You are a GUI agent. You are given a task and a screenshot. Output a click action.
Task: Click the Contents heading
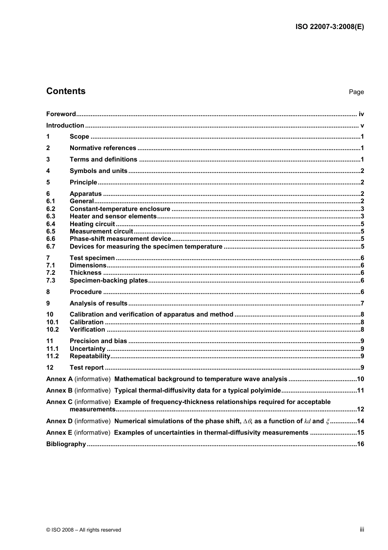pos(66,91)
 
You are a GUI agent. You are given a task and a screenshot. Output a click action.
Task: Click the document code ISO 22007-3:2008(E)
pos(329,27)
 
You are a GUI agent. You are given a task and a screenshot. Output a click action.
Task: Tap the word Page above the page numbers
pos(356,92)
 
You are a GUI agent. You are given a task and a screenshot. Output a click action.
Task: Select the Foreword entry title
pos(61,114)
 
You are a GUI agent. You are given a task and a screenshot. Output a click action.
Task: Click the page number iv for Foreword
pos(361,114)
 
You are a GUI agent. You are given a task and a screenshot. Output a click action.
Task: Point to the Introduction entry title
pos(65,126)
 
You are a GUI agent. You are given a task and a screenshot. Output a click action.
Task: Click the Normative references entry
pos(103,148)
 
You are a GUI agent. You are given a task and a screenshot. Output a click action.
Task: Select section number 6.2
pos(51,209)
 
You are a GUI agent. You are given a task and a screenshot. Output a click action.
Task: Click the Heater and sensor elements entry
pos(113,216)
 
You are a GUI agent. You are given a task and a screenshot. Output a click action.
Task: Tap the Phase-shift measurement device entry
pos(120,239)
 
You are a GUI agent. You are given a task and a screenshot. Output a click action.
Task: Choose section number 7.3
pos(51,281)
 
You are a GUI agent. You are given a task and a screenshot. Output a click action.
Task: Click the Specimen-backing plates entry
pos(109,281)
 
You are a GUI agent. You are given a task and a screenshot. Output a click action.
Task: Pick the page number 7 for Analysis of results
pos(362,303)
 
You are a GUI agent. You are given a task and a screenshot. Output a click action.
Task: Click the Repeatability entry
pos(90,356)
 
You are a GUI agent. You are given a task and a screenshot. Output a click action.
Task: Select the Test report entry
pos(87,368)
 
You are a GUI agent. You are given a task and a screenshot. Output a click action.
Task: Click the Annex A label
pos(59,379)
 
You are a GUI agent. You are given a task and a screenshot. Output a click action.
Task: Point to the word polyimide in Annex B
pos(266,391)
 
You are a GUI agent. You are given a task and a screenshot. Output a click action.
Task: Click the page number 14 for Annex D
pos(360,421)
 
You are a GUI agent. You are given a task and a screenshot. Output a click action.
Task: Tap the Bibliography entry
pos(66,444)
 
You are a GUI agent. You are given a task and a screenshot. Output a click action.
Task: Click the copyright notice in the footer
pos(84,530)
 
